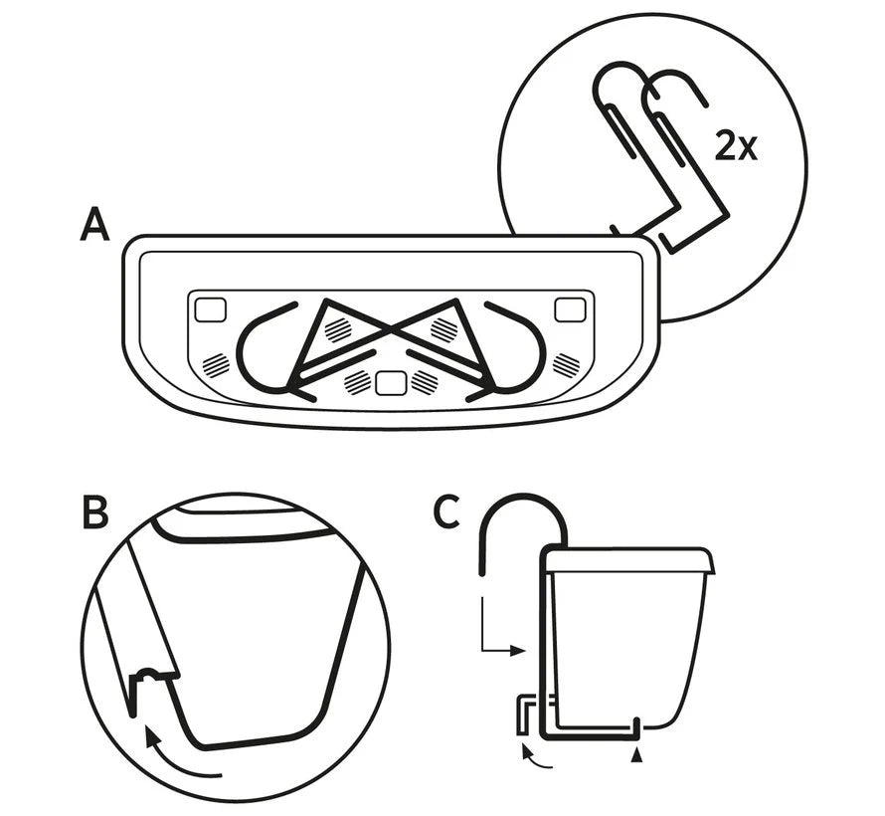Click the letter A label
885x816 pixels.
(94, 226)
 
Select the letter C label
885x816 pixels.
(447, 511)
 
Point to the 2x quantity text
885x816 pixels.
(737, 147)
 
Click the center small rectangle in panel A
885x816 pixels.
(391, 379)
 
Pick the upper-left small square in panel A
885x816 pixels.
(209, 309)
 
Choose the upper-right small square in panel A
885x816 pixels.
(569, 309)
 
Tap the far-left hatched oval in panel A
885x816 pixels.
(216, 364)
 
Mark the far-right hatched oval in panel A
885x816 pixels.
(566, 364)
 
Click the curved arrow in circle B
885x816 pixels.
(179, 755)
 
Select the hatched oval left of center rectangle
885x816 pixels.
(357, 379)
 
